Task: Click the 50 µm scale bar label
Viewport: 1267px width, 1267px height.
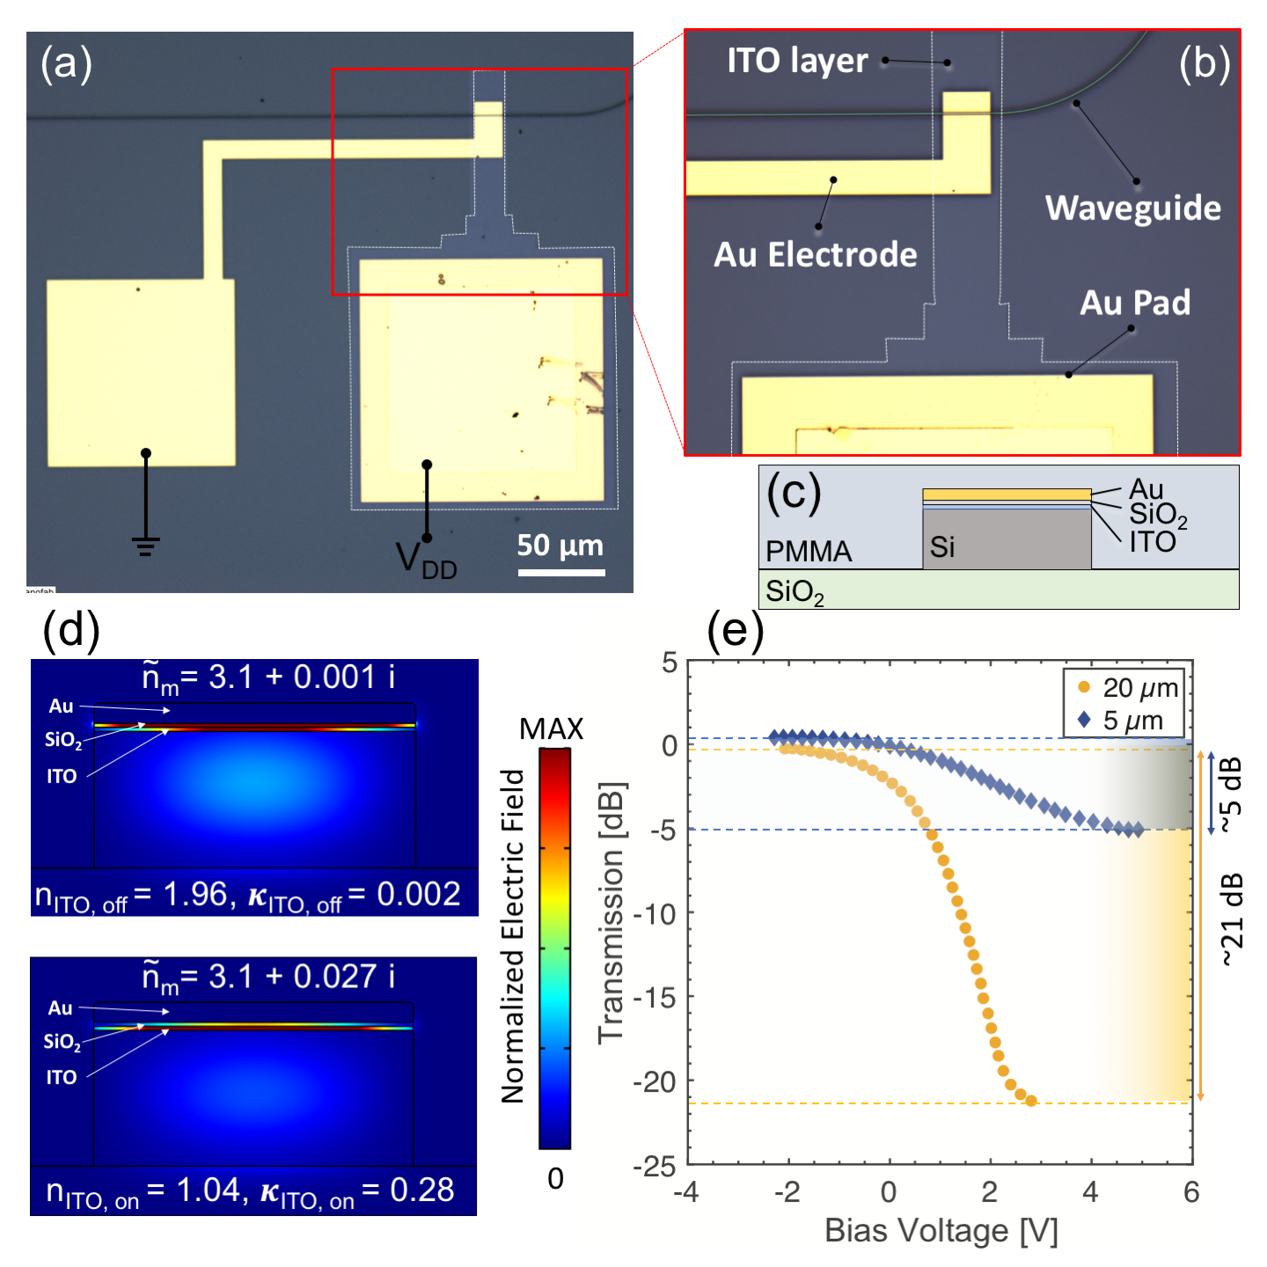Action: (x=560, y=546)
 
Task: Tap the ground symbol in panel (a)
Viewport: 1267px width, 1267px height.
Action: (x=146, y=546)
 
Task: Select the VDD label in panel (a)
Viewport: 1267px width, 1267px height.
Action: (x=426, y=560)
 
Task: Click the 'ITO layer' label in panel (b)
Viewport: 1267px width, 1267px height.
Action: (x=797, y=61)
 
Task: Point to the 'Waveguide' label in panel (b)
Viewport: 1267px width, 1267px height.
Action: (x=1132, y=208)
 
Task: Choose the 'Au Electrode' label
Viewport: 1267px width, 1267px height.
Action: (x=815, y=254)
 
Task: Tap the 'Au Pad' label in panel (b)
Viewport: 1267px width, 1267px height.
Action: (x=1134, y=303)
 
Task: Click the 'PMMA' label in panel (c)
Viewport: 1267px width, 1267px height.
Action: (x=809, y=552)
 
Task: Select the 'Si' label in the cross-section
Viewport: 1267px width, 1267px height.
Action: (x=942, y=547)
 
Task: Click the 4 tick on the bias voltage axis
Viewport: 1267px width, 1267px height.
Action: (x=1091, y=1192)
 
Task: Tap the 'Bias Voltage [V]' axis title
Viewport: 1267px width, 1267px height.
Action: (x=941, y=1231)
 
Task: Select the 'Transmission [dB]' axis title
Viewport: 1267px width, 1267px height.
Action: (x=611, y=912)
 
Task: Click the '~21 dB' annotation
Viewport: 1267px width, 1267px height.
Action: (x=1233, y=920)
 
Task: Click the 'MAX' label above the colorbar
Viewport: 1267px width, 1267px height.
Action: (x=552, y=729)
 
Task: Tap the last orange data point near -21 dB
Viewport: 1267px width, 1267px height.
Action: (x=1031, y=1101)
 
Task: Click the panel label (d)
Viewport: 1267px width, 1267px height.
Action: (x=71, y=630)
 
